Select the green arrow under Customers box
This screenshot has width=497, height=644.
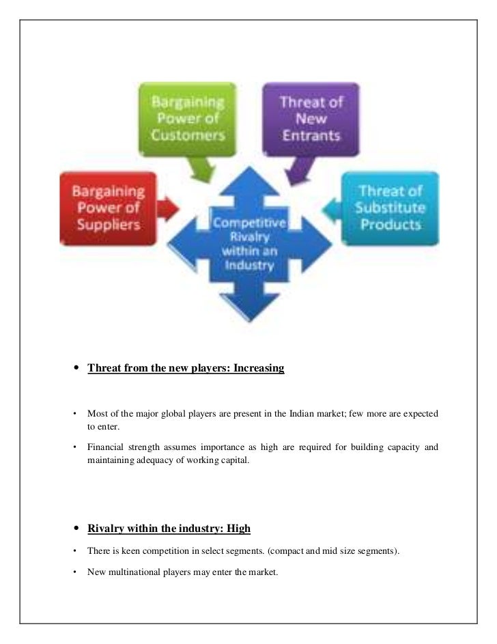[x=203, y=171]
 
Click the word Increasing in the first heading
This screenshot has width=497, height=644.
[x=259, y=369]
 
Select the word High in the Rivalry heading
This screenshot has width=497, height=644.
[x=239, y=529]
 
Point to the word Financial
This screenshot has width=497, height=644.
[x=106, y=448]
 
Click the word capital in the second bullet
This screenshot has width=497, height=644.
[x=235, y=460]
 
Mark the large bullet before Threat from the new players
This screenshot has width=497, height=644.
[x=76, y=369]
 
